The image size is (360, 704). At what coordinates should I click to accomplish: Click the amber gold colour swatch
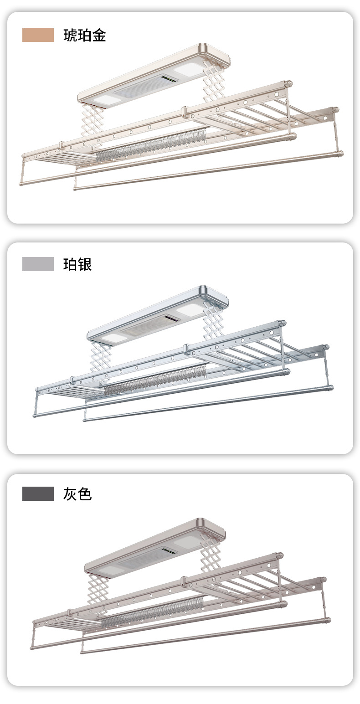click(38, 35)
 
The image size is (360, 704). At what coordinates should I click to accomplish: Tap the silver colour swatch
click(38, 264)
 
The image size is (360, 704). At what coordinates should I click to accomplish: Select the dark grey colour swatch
click(38, 493)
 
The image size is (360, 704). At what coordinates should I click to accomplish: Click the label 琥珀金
click(84, 36)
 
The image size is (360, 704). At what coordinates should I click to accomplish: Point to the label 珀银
click(77, 264)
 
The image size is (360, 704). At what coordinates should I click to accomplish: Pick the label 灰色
click(77, 493)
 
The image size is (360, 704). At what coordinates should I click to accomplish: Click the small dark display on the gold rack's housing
click(168, 80)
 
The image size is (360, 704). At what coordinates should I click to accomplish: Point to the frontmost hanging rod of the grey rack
click(205, 636)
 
